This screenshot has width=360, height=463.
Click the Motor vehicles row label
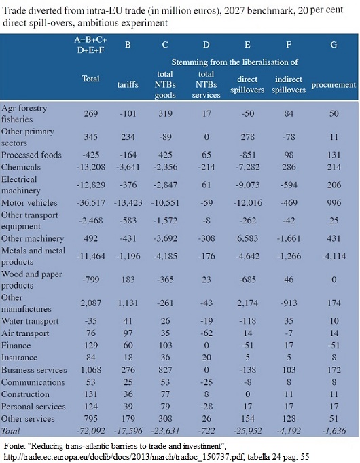pyautogui.click(x=29, y=203)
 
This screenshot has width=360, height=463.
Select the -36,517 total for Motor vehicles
pyautogui.click(x=90, y=203)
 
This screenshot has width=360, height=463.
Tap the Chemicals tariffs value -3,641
pyautogui.click(x=128, y=167)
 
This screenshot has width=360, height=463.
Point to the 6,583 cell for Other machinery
pyautogui.click(x=247, y=238)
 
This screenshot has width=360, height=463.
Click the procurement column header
pyautogui.click(x=334, y=85)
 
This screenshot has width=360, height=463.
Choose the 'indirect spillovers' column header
pyautogui.click(x=289, y=84)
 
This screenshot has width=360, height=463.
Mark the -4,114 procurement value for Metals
pyautogui.click(x=334, y=256)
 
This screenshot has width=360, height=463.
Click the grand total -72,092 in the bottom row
pyautogui.click(x=90, y=431)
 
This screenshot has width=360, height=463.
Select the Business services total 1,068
pyautogui.click(x=90, y=370)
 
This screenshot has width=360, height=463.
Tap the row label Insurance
pyautogui.click(x=19, y=358)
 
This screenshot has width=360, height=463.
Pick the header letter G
pyautogui.click(x=334, y=45)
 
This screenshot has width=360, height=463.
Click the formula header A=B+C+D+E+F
pyautogui.click(x=90, y=45)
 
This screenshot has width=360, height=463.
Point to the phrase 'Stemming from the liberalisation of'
pyautogui.click(x=234, y=62)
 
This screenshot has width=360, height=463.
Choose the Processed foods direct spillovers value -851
pyautogui.click(x=247, y=155)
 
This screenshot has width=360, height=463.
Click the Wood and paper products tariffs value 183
pyautogui.click(x=128, y=280)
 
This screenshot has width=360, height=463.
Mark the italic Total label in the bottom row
pyautogui.click(x=10, y=431)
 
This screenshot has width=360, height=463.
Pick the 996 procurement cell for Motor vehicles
pyautogui.click(x=334, y=203)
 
